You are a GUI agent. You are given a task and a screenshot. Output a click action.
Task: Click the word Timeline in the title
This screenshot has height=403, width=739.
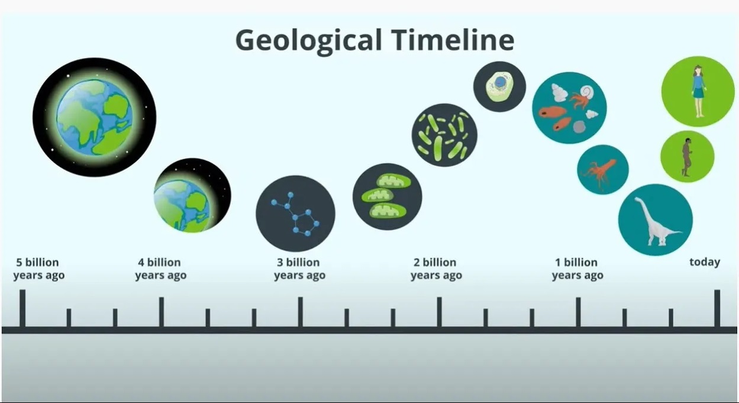453,40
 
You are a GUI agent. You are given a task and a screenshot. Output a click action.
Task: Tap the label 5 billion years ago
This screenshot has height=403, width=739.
38,269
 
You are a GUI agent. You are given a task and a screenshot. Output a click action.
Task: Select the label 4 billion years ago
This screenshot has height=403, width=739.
160,269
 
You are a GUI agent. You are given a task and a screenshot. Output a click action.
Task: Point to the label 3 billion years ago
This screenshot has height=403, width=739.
299,269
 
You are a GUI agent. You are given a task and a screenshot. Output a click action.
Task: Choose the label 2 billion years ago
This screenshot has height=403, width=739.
436,269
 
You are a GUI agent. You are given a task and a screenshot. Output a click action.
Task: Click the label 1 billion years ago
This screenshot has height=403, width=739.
577,269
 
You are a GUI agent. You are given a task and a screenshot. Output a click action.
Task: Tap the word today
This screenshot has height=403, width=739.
705,262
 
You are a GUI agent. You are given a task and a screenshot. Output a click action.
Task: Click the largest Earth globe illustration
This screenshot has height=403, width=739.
94,117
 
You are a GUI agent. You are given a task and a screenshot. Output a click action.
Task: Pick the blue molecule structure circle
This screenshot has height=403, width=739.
295,214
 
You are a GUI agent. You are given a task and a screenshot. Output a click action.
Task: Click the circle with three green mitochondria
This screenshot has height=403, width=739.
387,196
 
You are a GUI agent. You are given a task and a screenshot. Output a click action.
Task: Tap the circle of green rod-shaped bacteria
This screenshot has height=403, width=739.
444,135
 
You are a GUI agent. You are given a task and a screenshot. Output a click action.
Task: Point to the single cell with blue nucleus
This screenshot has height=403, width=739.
500,86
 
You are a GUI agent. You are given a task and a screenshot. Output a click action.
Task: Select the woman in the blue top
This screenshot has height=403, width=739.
698,91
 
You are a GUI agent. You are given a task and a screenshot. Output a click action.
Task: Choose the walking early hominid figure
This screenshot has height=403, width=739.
686,156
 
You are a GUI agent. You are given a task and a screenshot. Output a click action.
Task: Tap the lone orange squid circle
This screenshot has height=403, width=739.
602,170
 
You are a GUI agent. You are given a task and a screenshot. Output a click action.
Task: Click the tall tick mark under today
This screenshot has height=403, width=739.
717,308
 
